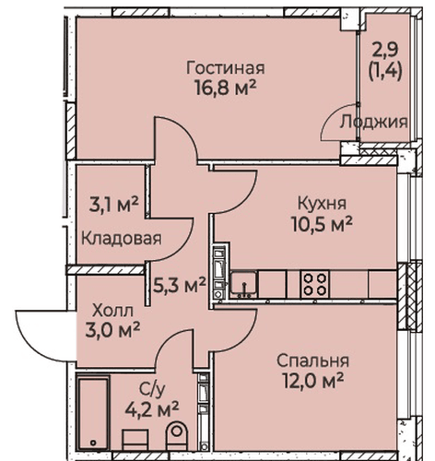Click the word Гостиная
pos(225,68)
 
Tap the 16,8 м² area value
pos(225,88)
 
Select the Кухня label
pos(322,204)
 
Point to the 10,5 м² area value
pos(322,224)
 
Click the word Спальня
pos(312,361)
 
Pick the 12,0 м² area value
pos(312,381)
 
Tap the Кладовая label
pos(122,239)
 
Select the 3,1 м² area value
pos(114,205)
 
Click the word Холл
pos(113,312)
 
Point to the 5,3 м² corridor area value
pos(180,285)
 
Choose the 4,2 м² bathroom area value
pos(152,410)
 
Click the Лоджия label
pos(374,122)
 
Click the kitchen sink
pos(243,283)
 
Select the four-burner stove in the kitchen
pos(314,284)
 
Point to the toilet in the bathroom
pos(176,435)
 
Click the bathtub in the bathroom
pos(93,413)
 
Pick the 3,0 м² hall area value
pos(113,331)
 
